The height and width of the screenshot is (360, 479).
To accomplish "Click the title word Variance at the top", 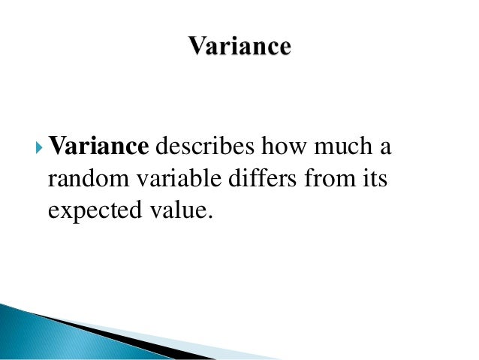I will click(239, 47).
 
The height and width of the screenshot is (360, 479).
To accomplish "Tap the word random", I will click(85, 180).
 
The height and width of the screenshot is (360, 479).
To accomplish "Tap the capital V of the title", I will click(196, 47).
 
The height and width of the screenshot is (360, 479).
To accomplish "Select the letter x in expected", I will click(62, 213).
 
